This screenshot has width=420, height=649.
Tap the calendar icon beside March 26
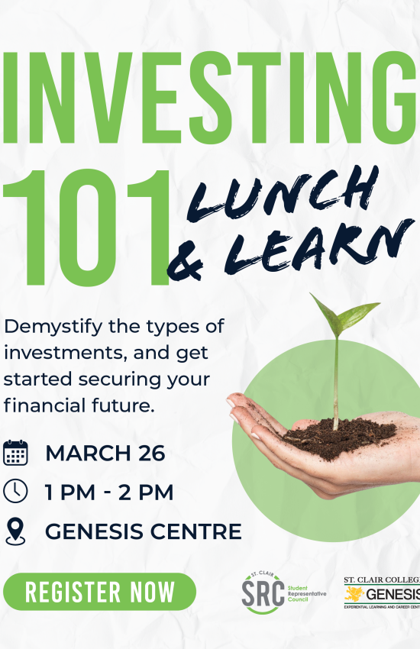click(15, 452)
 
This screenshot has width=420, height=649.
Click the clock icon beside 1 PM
click(15, 492)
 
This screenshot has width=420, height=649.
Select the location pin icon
click(15, 531)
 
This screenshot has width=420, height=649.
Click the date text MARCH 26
click(105, 453)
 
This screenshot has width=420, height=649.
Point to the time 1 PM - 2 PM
click(109, 492)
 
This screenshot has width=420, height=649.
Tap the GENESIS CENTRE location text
click(144, 531)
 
